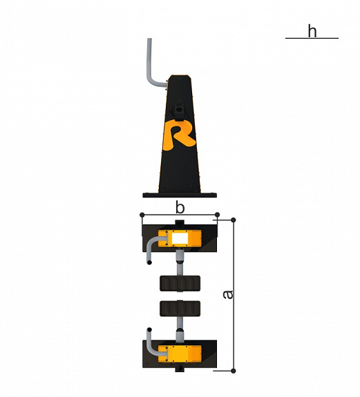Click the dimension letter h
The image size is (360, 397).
[x=312, y=31]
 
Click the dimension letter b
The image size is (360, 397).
[x=180, y=208]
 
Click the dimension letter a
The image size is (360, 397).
[x=228, y=294]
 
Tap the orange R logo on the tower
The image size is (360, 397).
[x=179, y=135]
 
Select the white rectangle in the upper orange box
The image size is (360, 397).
[x=180, y=238]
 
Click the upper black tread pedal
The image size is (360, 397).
[x=180, y=283]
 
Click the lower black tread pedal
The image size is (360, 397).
[x=180, y=309]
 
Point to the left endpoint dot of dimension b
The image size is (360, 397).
[x=142, y=215]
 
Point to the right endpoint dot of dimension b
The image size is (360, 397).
[x=217, y=215]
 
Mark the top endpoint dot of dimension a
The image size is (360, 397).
[x=234, y=220]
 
